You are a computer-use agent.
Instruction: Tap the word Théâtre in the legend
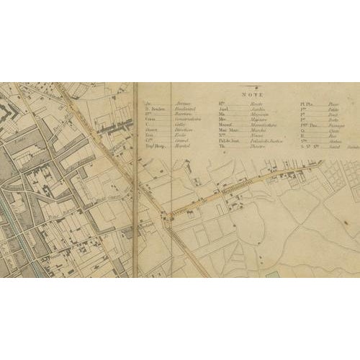pos(251,143)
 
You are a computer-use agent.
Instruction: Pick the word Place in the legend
pos(332,103)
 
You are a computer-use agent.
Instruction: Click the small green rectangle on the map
pos(272,274)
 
